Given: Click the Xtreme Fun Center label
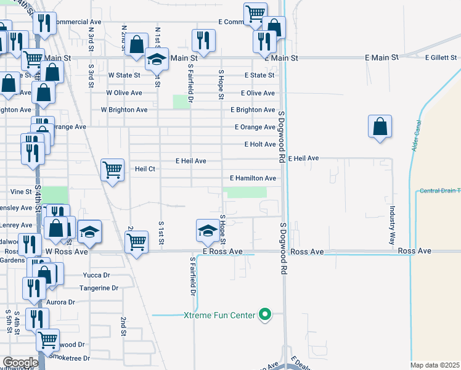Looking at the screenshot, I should tap(219, 315).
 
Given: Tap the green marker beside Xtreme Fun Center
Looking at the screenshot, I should tap(265, 315).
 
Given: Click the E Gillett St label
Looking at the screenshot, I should tap(441, 57).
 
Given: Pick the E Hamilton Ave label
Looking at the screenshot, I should tap(253, 178).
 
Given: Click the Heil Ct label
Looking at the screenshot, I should tap(145, 169).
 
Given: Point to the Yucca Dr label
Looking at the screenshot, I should tap(96, 275).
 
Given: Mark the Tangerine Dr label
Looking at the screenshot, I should tap(99, 288).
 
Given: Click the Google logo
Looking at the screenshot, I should tap(20, 362).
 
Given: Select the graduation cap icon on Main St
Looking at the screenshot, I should tap(157, 59).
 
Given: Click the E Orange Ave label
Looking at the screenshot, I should tap(255, 127).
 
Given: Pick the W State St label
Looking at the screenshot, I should tap(124, 75).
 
